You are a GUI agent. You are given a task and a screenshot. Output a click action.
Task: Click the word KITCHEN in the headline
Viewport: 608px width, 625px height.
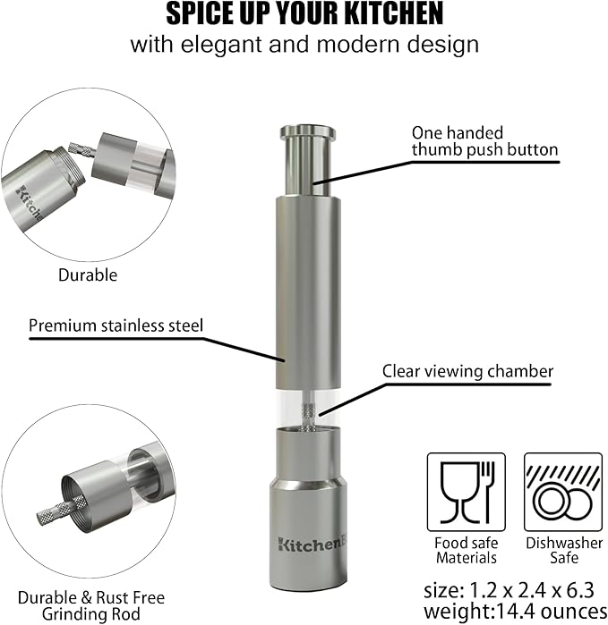(x=393, y=13)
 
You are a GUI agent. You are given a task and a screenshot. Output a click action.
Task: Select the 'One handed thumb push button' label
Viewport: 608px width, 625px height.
(x=484, y=141)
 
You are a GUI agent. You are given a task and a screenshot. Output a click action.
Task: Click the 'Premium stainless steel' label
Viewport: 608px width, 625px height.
(x=116, y=325)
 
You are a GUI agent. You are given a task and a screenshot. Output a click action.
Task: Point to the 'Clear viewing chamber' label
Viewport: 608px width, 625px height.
(x=467, y=371)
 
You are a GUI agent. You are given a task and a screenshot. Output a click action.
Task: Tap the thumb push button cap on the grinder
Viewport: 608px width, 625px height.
(x=308, y=131)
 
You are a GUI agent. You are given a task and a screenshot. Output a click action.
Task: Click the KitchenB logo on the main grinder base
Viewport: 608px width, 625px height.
(x=311, y=545)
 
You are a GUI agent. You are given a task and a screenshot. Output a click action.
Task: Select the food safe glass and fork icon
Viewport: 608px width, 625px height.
(x=467, y=492)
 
